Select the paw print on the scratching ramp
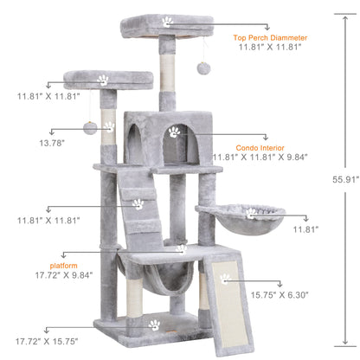225,279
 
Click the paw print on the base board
153,325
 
